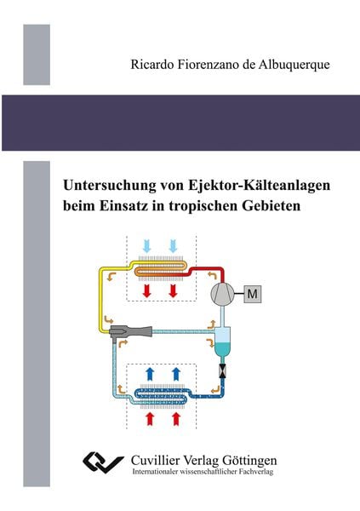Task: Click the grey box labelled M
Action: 254,294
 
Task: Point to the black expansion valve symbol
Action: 224,373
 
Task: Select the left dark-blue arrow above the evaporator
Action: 151,372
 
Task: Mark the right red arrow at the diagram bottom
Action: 174,418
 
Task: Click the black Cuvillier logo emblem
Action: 104,463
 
